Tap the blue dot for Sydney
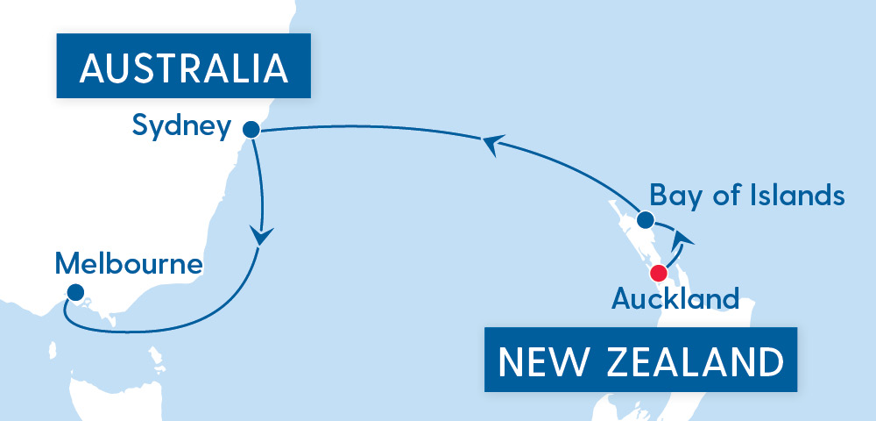point(251,130)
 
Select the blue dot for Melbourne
point(74,293)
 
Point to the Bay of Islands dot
point(645,219)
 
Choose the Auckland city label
point(675,298)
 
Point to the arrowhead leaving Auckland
point(686,235)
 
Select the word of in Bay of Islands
point(717,195)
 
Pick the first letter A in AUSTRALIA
point(90,68)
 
